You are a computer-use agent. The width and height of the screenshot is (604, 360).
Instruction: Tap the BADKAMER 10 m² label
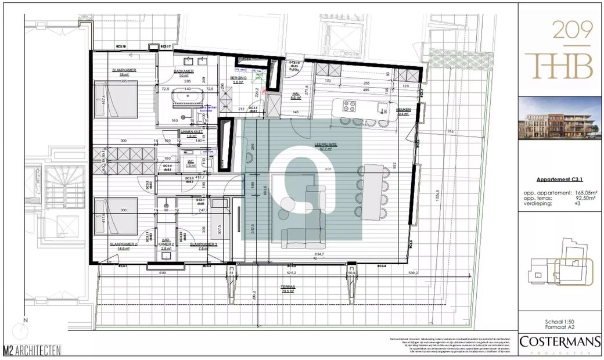pos(183,71)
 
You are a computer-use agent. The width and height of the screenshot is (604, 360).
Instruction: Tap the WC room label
pos(190,163)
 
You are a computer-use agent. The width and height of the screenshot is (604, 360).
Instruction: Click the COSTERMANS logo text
pos(559,342)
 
